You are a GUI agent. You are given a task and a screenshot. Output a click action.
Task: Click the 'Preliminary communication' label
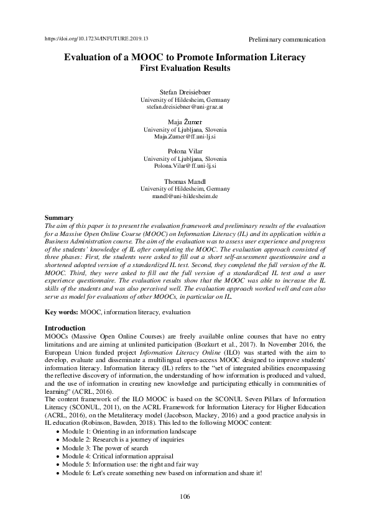(286, 39)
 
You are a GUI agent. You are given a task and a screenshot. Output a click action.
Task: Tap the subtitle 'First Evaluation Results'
(185, 68)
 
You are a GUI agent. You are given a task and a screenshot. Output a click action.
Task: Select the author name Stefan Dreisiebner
(185, 93)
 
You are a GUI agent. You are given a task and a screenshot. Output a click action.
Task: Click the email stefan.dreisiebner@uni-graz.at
(185, 107)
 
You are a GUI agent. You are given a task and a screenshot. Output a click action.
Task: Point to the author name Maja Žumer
(185, 122)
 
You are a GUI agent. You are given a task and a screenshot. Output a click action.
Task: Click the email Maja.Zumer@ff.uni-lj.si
(185, 137)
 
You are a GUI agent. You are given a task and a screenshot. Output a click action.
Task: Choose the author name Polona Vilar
(185, 152)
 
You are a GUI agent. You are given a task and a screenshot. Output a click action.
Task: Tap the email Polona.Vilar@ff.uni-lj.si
(185, 166)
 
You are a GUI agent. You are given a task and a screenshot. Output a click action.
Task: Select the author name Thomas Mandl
(185, 181)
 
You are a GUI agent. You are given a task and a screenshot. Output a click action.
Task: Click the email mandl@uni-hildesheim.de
(185, 196)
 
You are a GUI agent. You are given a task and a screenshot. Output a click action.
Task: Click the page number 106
(185, 496)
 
